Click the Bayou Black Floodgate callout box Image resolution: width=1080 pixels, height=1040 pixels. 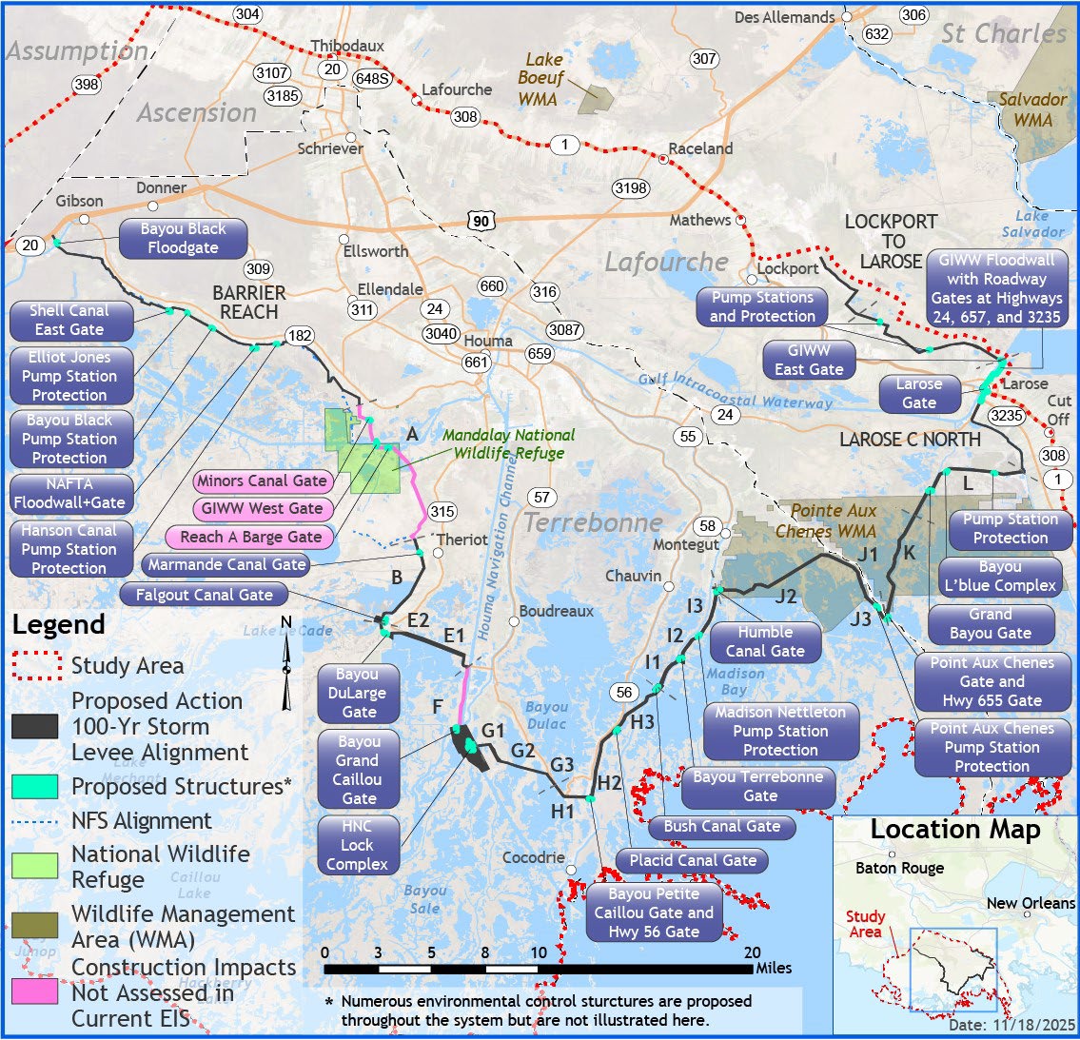click(183, 239)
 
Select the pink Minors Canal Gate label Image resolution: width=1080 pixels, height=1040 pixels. click(263, 481)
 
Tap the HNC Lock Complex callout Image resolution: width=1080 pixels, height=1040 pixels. click(357, 845)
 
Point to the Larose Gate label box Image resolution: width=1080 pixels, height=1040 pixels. click(919, 394)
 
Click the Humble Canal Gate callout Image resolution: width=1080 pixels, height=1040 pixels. click(765, 642)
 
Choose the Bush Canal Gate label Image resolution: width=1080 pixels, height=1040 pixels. click(722, 827)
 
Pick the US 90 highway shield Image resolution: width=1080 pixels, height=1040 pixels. click(481, 221)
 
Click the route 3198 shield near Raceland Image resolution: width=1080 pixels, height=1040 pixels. click(631, 188)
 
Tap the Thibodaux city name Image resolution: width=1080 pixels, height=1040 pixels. click(347, 46)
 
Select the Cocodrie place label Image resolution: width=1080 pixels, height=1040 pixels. click(533, 858)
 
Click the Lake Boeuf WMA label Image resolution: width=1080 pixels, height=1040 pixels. click(541, 79)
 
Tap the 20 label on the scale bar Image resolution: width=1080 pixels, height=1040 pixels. click(753, 952)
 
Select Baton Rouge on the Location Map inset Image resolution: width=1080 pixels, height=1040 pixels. click(899, 869)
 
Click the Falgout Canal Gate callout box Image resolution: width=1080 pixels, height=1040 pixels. click(204, 596)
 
